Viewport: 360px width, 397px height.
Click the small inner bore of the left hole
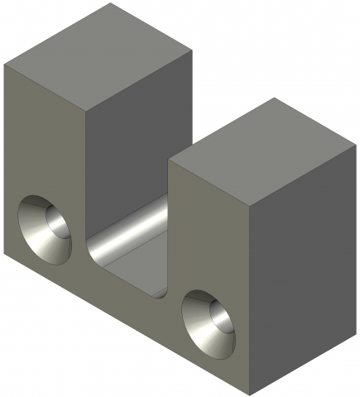coord(55,223)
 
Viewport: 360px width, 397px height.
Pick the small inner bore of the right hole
coord(220,317)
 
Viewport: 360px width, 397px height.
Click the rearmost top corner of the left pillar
coord(112,3)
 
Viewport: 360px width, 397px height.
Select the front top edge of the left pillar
coord(46,87)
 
